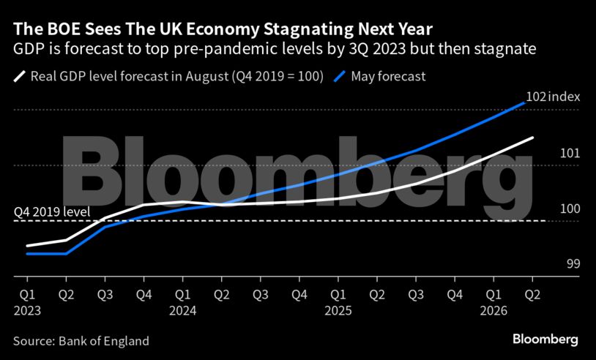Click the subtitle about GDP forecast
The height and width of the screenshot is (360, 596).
click(275, 50)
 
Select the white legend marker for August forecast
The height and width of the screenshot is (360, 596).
click(21, 75)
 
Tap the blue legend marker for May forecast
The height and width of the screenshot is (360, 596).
click(340, 75)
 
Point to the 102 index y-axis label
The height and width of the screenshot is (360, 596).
click(553, 97)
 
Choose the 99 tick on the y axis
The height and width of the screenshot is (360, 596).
click(573, 263)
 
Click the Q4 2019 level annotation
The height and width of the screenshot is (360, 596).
click(52, 212)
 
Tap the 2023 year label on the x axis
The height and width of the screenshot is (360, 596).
click(27, 310)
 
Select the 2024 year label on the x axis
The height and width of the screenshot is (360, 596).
click(183, 310)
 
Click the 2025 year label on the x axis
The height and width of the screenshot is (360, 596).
click(338, 310)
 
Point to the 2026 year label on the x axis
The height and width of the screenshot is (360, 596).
click(493, 310)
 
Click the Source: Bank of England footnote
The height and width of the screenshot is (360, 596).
click(81, 341)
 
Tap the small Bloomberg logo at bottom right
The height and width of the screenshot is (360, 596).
click(545, 340)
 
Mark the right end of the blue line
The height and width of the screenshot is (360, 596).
click(525, 102)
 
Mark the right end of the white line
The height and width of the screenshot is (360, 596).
click(532, 138)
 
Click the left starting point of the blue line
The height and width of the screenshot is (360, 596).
click(27, 253)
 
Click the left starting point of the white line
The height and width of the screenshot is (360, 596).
click(27, 246)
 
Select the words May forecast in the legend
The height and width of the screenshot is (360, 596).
click(388, 75)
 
